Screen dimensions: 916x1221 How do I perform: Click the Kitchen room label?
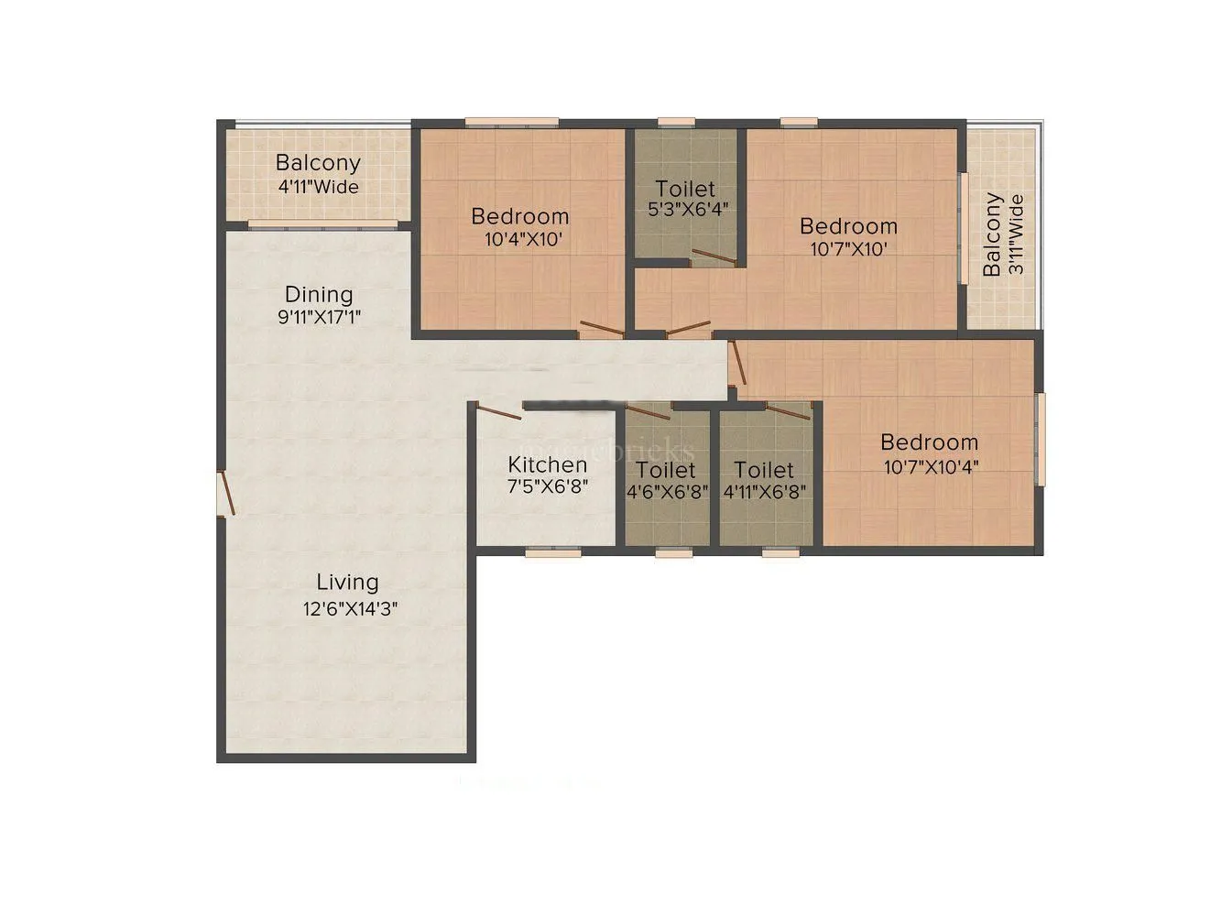point(548,464)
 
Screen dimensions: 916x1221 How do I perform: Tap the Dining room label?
point(319,295)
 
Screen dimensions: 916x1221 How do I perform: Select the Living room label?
point(347,582)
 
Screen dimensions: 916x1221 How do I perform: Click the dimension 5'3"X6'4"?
point(687,210)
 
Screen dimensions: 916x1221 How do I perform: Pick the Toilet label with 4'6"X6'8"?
point(666,470)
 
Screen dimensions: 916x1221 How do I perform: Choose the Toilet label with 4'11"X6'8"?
point(764,470)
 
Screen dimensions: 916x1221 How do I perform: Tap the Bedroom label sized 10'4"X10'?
point(519,217)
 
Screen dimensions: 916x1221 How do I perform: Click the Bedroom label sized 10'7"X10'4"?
point(929,442)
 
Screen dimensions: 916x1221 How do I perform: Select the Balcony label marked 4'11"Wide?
point(318,164)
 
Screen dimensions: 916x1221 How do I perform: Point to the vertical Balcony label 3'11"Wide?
point(992,234)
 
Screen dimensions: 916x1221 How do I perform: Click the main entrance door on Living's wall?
point(225,495)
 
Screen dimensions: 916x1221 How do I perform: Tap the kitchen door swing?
point(499,412)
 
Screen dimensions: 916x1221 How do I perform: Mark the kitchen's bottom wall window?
point(553,552)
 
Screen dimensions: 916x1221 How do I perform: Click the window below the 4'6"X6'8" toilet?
point(673,552)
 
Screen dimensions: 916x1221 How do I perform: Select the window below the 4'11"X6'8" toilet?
point(780,552)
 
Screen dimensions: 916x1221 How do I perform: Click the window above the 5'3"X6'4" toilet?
point(676,121)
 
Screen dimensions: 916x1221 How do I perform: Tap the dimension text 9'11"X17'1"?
point(319,318)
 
